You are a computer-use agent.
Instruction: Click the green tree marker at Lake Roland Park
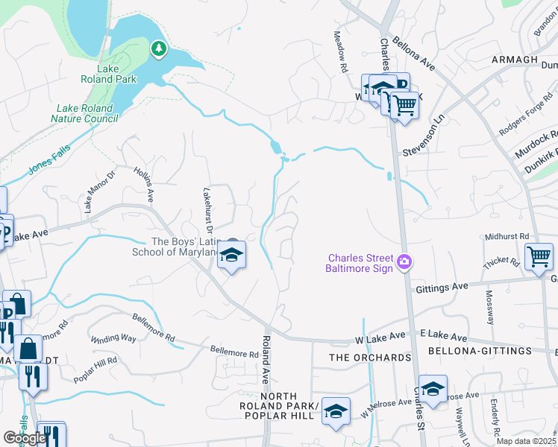coord(157,49)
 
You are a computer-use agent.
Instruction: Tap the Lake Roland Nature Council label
coord(83,113)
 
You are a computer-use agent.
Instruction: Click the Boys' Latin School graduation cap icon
coord(232,256)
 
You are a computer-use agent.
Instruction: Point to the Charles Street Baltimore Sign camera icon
coord(404,261)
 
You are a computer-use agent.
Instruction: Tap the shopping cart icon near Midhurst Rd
coord(539,257)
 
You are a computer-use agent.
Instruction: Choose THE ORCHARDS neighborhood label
coord(371,358)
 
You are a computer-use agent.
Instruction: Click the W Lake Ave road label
coord(383,340)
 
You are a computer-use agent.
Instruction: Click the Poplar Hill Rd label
coord(95,370)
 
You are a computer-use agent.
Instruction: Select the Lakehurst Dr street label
coord(208,220)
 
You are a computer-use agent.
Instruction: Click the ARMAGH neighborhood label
coord(514,60)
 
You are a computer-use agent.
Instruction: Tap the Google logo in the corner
coord(25,438)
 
